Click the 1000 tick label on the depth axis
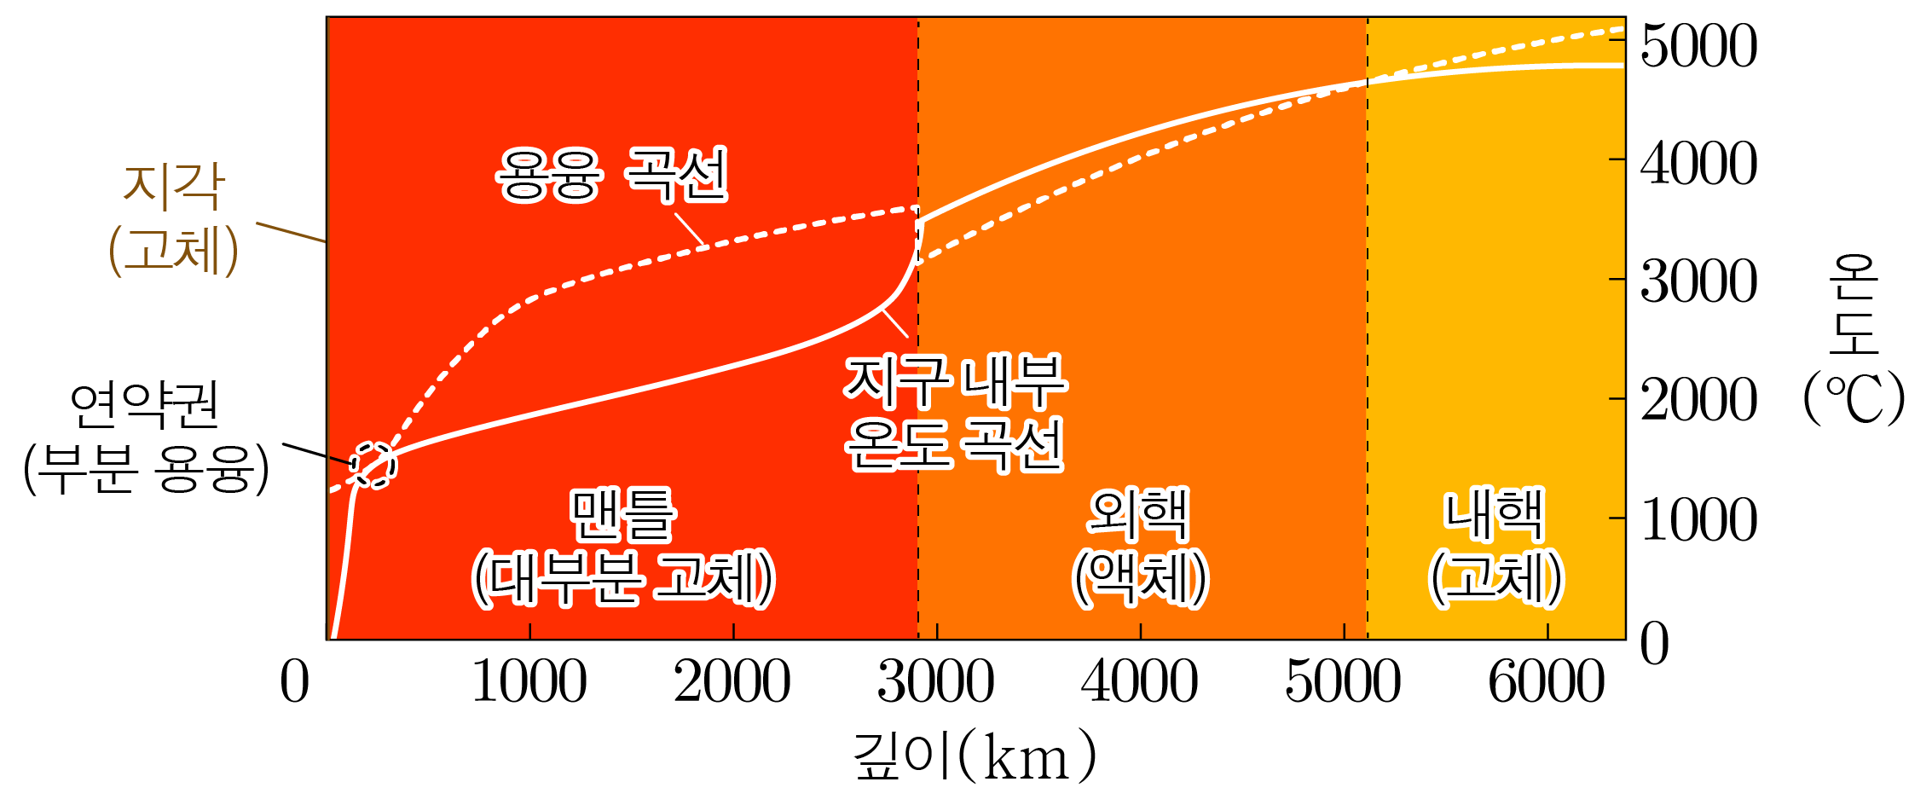point(529,682)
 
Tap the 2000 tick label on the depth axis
point(732,682)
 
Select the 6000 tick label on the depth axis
point(1547,682)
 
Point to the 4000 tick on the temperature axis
point(1698,164)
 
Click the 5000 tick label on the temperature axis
point(1698,46)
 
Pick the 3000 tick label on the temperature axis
point(1698,281)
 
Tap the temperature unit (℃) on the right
point(1854,398)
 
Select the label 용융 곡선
point(611,175)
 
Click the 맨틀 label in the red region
point(623,514)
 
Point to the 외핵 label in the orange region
point(1139,514)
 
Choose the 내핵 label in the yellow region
point(1495,514)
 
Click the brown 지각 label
point(174,186)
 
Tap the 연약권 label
point(144,406)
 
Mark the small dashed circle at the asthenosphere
point(374,466)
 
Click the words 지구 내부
point(955,381)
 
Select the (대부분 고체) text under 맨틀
point(623,579)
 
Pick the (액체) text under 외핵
point(1140,579)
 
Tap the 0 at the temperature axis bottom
point(1655,643)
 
